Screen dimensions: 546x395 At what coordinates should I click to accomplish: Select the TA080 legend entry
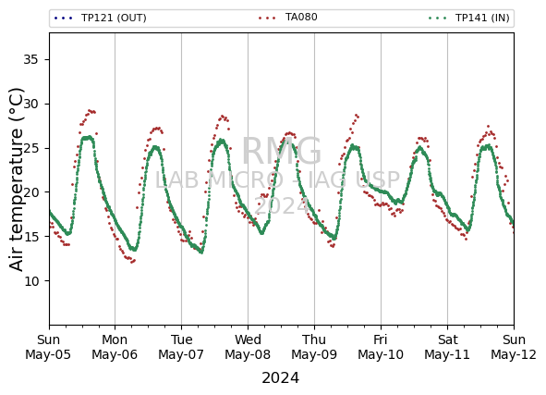pyautogui.click(x=288, y=17)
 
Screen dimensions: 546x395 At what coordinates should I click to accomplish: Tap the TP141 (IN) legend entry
pyautogui.click(x=469, y=18)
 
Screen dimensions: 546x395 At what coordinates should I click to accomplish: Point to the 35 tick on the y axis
pyautogui.click(x=30, y=59)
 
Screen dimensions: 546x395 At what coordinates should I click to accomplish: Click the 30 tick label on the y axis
pyautogui.click(x=30, y=104)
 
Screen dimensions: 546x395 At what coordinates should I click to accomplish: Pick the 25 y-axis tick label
pyautogui.click(x=30, y=148)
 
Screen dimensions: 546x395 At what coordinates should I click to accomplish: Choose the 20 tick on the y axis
pyautogui.click(x=30, y=192)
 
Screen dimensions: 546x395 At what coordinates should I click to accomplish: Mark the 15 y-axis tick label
pyautogui.click(x=30, y=237)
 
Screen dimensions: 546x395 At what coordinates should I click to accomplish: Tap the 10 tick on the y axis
pyautogui.click(x=30, y=280)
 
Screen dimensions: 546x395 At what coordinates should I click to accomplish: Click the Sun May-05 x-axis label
pyautogui.click(x=48, y=347)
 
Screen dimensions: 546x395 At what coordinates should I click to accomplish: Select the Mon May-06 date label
pyautogui.click(x=115, y=347)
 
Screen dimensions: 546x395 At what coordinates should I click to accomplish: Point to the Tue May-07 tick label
pyautogui.click(x=181, y=347)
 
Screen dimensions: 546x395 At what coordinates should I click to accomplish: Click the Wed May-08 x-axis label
pyautogui.click(x=248, y=347)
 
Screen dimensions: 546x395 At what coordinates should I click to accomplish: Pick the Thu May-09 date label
pyautogui.click(x=314, y=347)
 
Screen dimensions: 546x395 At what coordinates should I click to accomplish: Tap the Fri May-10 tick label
pyautogui.click(x=381, y=347)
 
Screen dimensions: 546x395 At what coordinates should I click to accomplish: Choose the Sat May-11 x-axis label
pyautogui.click(x=447, y=347)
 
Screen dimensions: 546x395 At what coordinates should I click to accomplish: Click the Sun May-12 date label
pyautogui.click(x=514, y=347)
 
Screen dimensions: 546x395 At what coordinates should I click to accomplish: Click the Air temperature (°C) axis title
pyautogui.click(x=16, y=179)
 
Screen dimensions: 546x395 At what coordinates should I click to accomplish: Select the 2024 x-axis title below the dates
pyautogui.click(x=280, y=378)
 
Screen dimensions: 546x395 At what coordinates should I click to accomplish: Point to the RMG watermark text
pyautogui.click(x=282, y=152)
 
